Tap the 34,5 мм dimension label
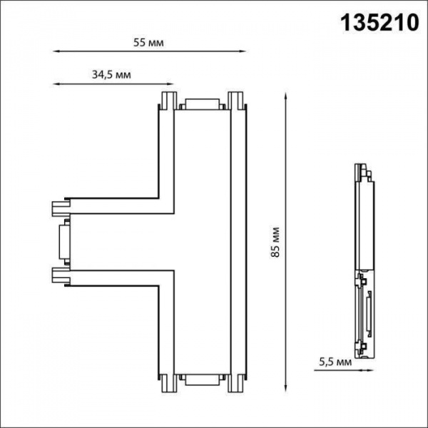[111, 74]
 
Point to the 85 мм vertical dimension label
[274, 244]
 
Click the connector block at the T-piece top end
[203, 104]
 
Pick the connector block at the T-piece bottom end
[203, 380]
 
